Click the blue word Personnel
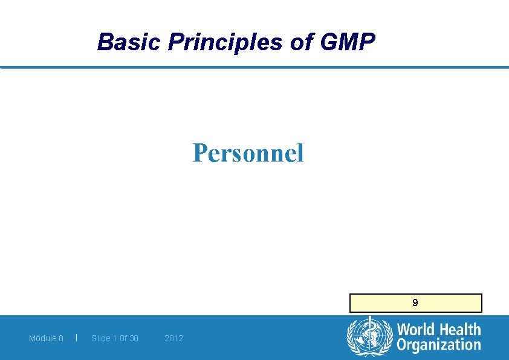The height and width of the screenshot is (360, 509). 248,153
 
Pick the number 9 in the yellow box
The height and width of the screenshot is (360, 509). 415,303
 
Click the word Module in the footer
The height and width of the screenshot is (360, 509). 42,338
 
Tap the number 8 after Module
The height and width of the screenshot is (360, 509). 60,338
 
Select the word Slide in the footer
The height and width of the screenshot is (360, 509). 100,338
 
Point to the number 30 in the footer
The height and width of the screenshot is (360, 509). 133,338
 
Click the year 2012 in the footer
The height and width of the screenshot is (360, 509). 173,338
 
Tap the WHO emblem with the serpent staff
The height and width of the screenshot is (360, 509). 369,336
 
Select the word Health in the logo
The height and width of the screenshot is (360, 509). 457,330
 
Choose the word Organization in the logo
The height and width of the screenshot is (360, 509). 438,345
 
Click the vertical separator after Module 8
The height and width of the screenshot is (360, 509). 76,338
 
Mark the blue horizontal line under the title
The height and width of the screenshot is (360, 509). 254,67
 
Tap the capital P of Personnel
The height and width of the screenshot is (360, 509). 199,153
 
